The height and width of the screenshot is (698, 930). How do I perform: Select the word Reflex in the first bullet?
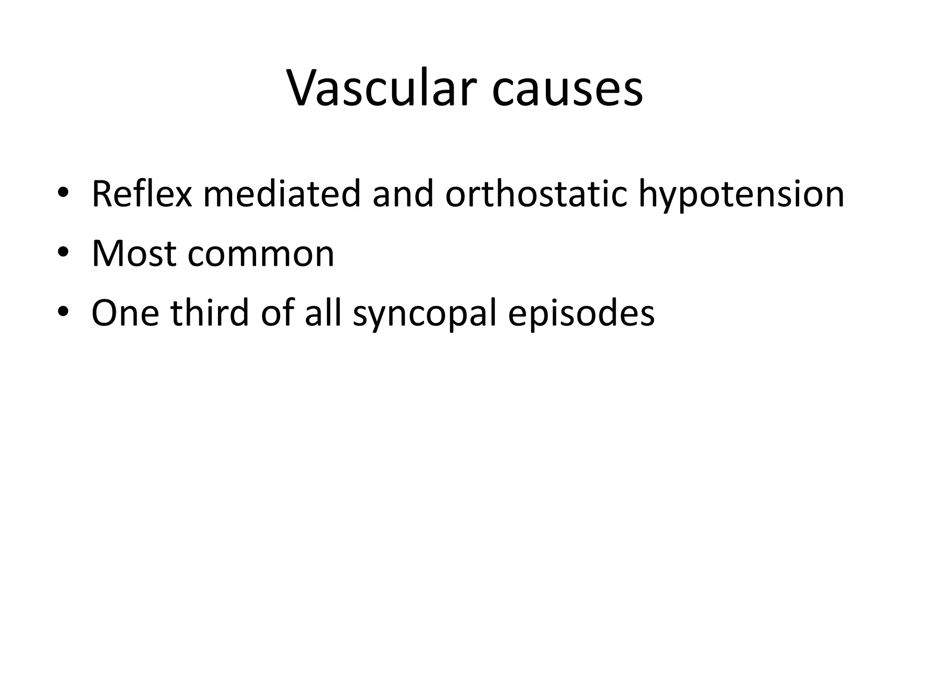pos(142,194)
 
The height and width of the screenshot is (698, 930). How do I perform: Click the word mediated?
pos(282,194)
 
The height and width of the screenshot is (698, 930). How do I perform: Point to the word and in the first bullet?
pos(403,194)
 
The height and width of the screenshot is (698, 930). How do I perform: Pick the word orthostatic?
pos(536,194)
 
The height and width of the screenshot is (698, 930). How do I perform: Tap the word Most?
pos(134,254)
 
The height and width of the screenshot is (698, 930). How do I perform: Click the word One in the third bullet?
pos(125,313)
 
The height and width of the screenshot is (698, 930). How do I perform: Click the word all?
pos(322,313)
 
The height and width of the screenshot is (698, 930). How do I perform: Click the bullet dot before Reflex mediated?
pos(63,193)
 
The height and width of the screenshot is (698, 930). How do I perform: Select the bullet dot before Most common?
pos(63,252)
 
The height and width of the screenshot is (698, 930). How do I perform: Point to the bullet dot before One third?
pos(63,312)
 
